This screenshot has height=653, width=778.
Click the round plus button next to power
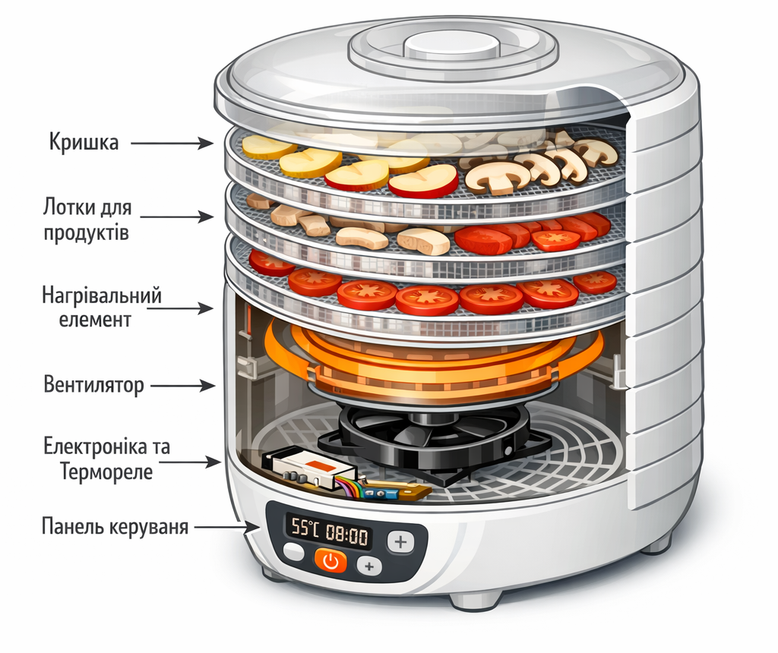pos(370,566)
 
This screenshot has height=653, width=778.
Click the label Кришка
pos(84,142)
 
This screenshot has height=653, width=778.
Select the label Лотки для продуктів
pos(87,219)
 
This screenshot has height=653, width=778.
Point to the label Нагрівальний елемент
pos(101,308)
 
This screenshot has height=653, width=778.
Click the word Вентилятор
pos(93,385)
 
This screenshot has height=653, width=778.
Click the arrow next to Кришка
pos(176,143)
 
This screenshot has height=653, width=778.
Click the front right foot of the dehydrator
pos(474,599)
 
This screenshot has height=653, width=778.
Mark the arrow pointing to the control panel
pos(228,525)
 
